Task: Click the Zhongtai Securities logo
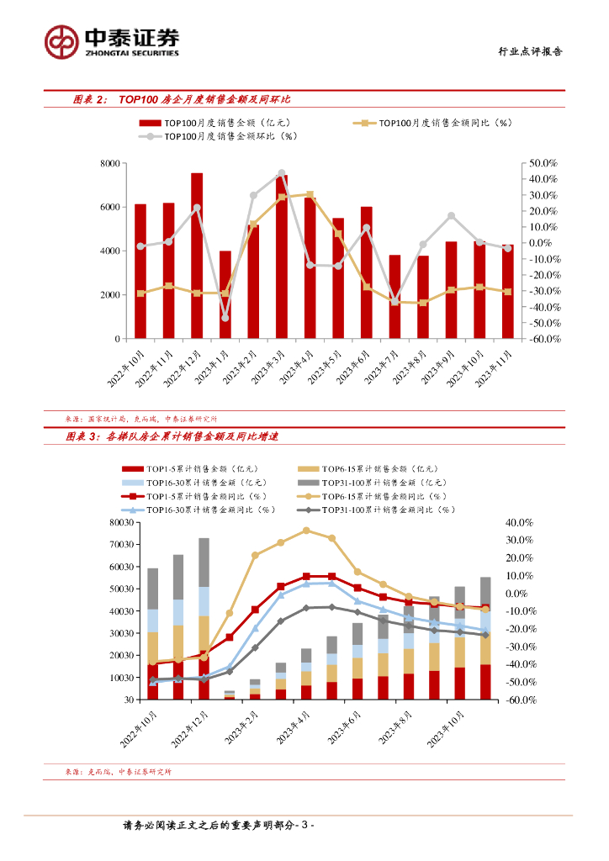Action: [111, 40]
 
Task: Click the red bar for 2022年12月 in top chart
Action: [197, 256]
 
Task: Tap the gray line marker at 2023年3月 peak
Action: [281, 173]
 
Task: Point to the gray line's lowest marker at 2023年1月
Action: [225, 318]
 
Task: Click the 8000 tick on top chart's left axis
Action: [109, 163]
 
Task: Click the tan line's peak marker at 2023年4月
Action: [306, 531]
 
